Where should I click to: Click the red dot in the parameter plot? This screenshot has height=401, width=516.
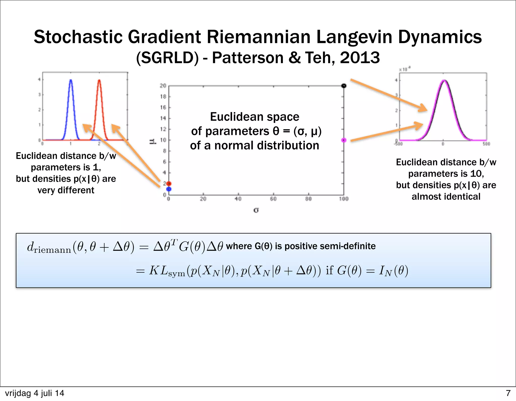[x=169, y=184]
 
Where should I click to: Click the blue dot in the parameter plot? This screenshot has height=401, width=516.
[x=169, y=189]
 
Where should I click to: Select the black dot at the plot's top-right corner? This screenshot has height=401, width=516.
[x=344, y=86]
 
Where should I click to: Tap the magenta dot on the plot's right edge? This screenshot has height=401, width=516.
[x=344, y=140]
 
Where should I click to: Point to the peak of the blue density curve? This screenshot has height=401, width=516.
[x=71, y=80]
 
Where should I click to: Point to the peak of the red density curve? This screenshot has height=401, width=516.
[x=99, y=80]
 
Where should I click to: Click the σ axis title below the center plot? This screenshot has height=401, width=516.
[x=256, y=210]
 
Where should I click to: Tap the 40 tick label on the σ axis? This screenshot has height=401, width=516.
[x=238, y=199]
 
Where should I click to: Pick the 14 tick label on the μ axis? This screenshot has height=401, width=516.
[x=163, y=118]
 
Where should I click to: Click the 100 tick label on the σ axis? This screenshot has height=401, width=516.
[x=344, y=199]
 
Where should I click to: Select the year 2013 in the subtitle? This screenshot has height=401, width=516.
[x=360, y=58]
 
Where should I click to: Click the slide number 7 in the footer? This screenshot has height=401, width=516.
[x=508, y=393]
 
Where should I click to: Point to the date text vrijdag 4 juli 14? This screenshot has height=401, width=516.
[x=35, y=393]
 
